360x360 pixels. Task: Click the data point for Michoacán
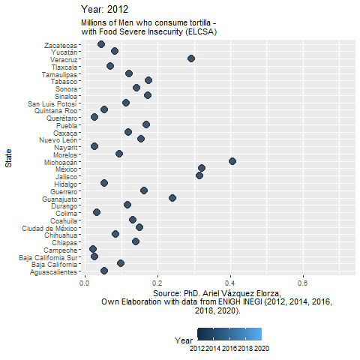pyautogui.click(x=232, y=161)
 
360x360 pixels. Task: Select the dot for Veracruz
pyautogui.click(x=191, y=58)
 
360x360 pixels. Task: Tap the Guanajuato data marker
pyautogui.click(x=172, y=198)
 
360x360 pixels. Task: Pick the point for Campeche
pyautogui.click(x=93, y=249)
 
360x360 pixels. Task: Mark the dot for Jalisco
pyautogui.click(x=199, y=175)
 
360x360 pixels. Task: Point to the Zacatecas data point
pyautogui.click(x=101, y=44)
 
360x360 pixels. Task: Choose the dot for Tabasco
pyautogui.click(x=148, y=80)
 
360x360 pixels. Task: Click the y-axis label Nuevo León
pyautogui.click(x=58, y=140)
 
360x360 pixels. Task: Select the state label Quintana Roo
pyautogui.click(x=56, y=111)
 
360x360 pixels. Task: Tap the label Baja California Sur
pyautogui.click(x=48, y=258)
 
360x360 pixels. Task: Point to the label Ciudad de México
pyautogui.click(x=49, y=229)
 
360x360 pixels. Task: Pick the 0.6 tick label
pyautogui.click(x=302, y=283)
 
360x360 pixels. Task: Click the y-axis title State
pyautogui.click(x=8, y=158)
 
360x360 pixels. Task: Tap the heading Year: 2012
pyautogui.click(x=104, y=10)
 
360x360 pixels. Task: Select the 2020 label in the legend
pyautogui.click(x=262, y=349)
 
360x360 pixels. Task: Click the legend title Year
pyautogui.click(x=184, y=340)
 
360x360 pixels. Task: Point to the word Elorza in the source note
pyautogui.click(x=268, y=293)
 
